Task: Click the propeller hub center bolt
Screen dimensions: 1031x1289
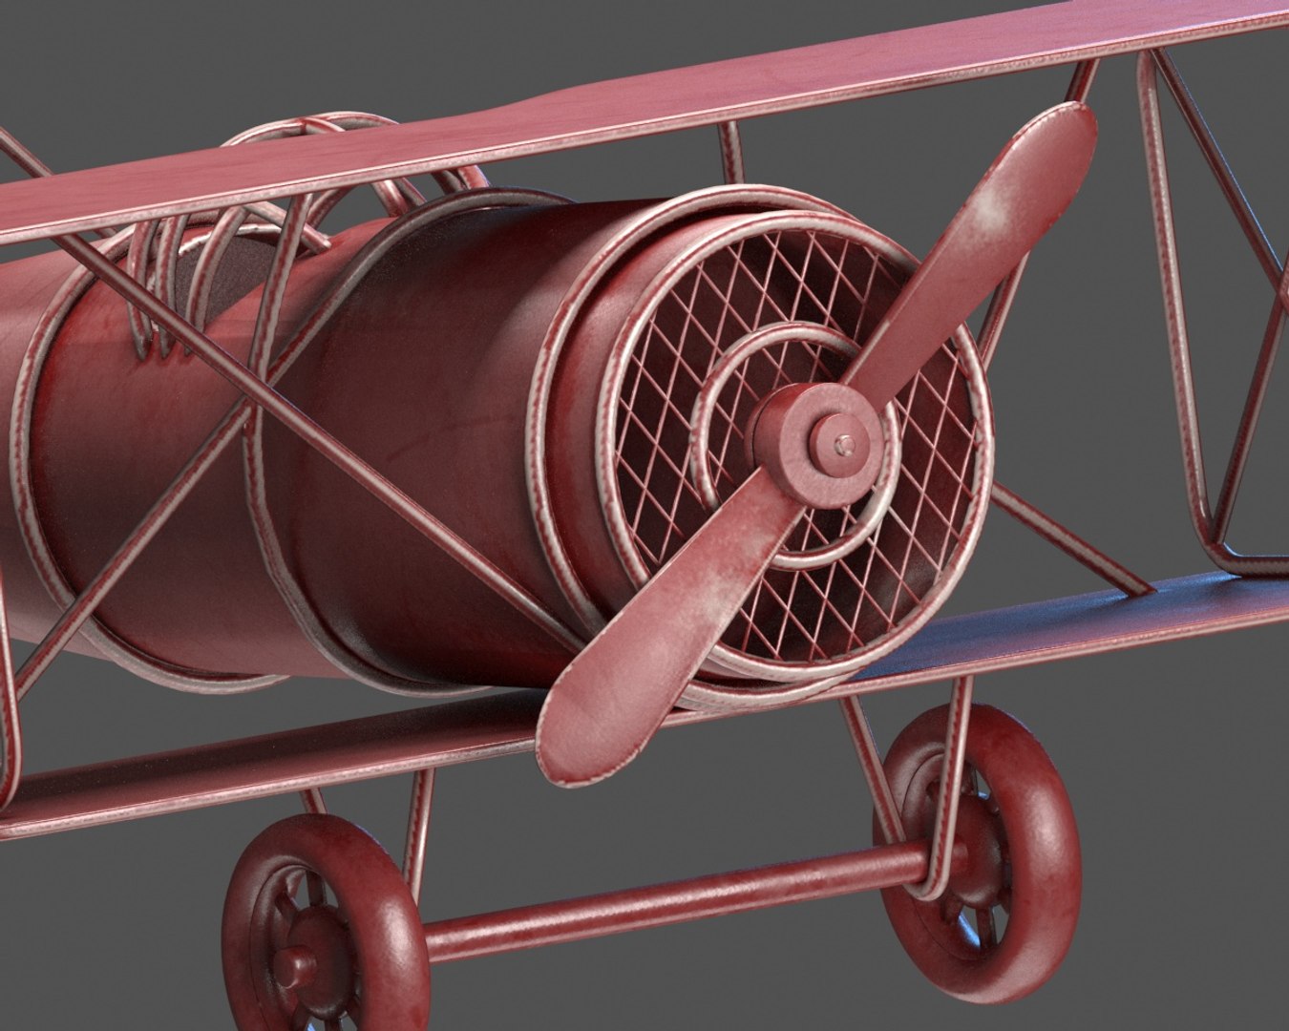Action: click(840, 442)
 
